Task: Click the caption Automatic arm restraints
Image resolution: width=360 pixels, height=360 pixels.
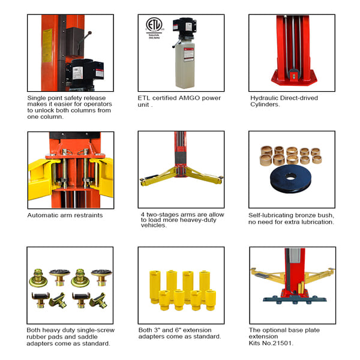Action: (x=65, y=215)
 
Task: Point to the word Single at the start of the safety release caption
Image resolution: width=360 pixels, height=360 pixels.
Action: (x=38, y=98)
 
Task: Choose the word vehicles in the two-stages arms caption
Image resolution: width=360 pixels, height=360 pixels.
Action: (x=152, y=229)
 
